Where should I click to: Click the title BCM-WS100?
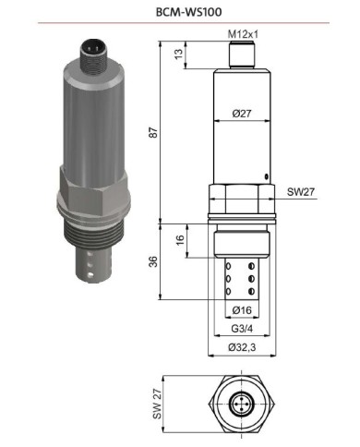click(x=179, y=14)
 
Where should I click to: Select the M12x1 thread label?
click(x=242, y=35)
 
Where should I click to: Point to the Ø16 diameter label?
click(x=242, y=308)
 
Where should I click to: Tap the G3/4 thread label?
click(x=242, y=328)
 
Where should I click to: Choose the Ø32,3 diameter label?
click(x=242, y=347)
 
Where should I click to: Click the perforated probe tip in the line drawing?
click(x=241, y=277)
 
